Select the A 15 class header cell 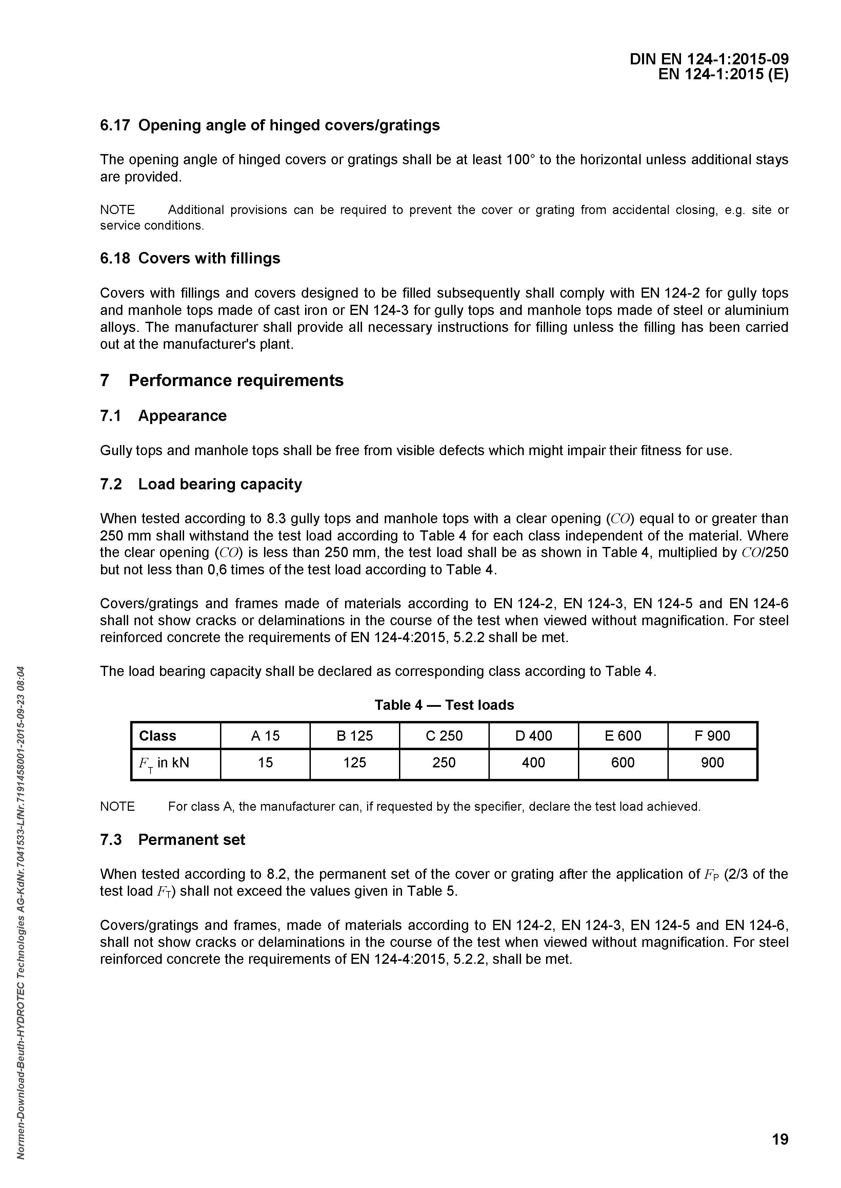[x=265, y=736]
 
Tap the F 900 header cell [x=712, y=736]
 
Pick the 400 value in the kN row [x=534, y=763]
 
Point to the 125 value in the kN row [x=355, y=763]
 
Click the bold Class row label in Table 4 [x=157, y=736]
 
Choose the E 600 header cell [x=623, y=736]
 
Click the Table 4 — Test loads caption [x=444, y=705]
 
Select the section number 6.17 [x=115, y=125]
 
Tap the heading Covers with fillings [x=209, y=258]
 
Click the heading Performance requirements [x=236, y=380]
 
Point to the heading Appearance [x=182, y=416]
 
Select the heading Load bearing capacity [x=220, y=484]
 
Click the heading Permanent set [x=192, y=840]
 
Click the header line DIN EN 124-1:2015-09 [x=709, y=60]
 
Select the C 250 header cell [x=444, y=736]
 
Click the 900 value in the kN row [x=712, y=763]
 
